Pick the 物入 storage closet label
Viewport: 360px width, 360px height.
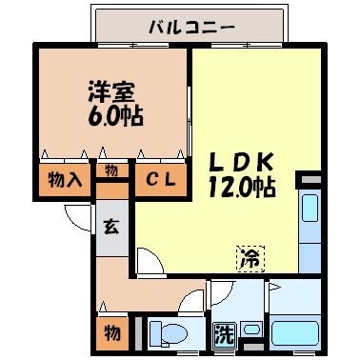(65, 178)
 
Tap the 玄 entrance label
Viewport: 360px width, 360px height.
(111, 228)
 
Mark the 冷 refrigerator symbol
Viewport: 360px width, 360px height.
(249, 256)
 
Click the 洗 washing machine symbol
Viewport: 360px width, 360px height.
(223, 334)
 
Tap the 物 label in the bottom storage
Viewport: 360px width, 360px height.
(111, 335)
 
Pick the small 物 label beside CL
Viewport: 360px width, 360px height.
(112, 171)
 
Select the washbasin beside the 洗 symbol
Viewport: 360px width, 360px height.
(251, 330)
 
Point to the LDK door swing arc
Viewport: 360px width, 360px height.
(149, 259)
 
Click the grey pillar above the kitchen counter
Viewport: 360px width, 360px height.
(310, 178)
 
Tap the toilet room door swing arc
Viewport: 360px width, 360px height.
(196, 296)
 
